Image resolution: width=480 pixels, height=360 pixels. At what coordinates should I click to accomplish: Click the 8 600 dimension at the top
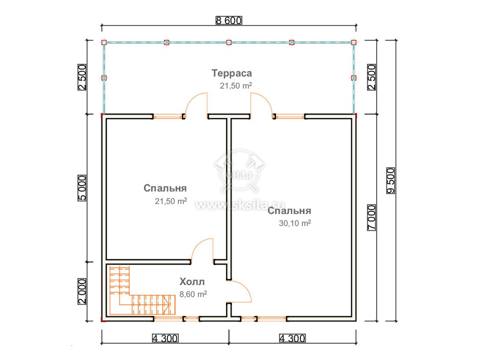pyautogui.click(x=229, y=21)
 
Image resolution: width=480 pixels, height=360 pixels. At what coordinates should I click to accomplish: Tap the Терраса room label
pyautogui.click(x=232, y=73)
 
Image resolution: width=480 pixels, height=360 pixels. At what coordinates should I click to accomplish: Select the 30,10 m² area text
pyautogui.click(x=295, y=223)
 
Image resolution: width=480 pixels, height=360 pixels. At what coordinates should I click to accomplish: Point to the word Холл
pyautogui.click(x=192, y=281)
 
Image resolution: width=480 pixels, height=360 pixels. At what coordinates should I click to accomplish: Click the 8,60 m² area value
pyautogui.click(x=193, y=294)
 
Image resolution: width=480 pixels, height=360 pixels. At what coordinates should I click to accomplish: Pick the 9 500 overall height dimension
pyautogui.click(x=391, y=180)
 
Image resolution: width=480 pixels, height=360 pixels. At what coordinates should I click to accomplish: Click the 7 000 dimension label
pyautogui.click(x=372, y=217)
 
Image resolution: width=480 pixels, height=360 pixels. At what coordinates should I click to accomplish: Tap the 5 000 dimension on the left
pyautogui.click(x=82, y=188)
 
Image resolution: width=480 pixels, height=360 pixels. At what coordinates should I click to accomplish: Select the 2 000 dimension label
pyautogui.click(x=82, y=291)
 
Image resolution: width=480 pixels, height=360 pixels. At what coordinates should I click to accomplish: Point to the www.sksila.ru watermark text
pyautogui.click(x=240, y=205)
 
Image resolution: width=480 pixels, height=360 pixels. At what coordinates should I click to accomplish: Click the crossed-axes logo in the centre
pyautogui.click(x=240, y=171)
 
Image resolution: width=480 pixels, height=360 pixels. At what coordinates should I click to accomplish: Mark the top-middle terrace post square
pyautogui.click(x=228, y=42)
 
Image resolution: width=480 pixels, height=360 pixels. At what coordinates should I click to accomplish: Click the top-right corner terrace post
pyautogui.click(x=354, y=42)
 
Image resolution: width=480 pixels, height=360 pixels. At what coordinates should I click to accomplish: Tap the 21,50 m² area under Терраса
pyautogui.click(x=236, y=86)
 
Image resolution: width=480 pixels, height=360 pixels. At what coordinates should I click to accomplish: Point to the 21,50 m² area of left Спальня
pyautogui.click(x=171, y=201)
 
